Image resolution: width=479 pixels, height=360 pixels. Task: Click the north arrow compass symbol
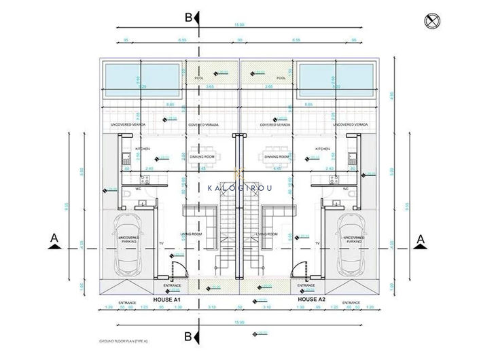429,21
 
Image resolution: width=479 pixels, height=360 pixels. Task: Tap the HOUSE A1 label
166,299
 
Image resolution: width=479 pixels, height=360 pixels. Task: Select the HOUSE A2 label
312,299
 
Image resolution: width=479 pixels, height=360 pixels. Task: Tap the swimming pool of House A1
142,80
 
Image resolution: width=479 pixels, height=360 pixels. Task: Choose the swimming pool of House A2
337,80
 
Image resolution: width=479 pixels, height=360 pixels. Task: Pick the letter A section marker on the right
421,238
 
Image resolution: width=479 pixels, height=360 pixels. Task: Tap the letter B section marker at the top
189,18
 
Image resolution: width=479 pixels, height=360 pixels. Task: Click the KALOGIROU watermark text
239,187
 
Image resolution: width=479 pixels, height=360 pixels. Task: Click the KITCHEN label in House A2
322,148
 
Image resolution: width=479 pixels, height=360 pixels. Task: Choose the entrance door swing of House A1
177,270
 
